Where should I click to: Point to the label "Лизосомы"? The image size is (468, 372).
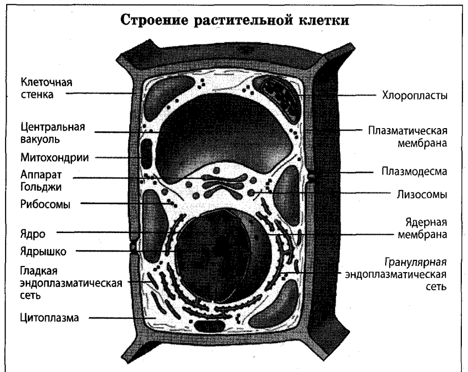click(x=420, y=195)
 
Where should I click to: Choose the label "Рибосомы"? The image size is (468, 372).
click(x=46, y=204)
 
